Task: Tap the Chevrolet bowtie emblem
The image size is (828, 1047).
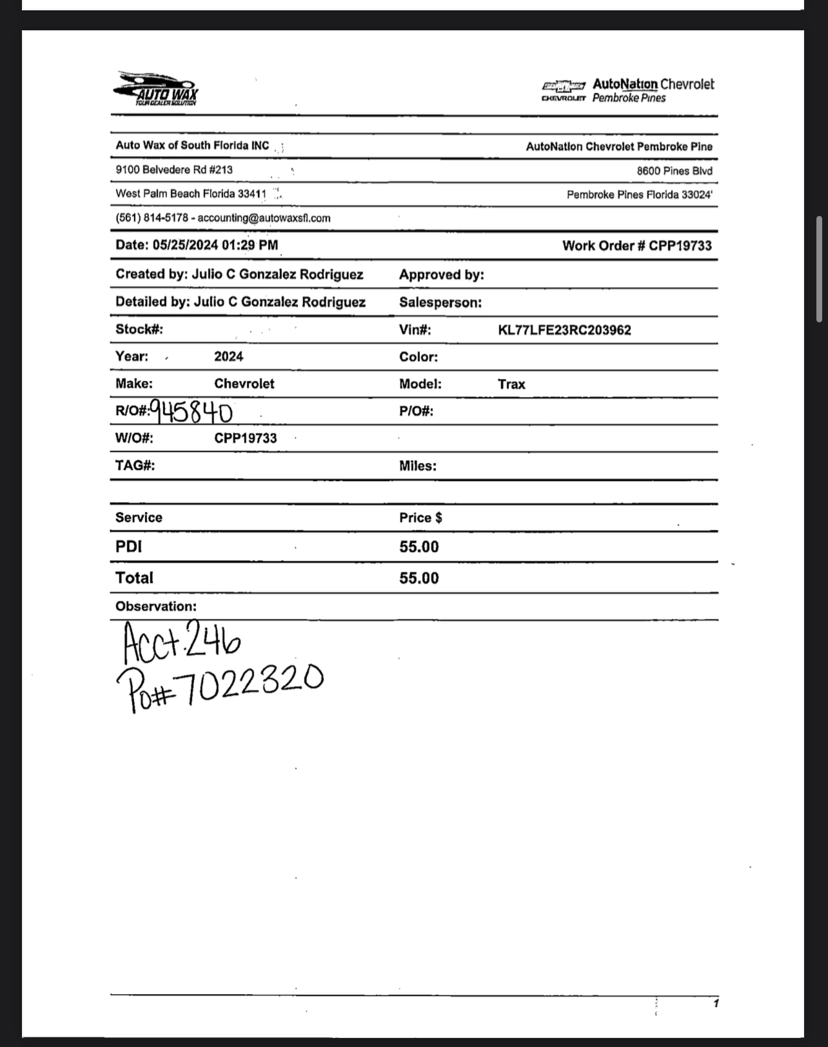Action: coord(563,86)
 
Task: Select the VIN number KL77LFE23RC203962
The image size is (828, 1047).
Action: coord(564,330)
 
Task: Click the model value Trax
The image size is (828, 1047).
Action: coord(511,384)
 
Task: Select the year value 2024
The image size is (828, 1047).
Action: coord(229,357)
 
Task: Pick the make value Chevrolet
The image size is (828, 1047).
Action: coord(244,384)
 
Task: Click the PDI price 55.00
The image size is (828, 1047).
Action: coord(419,547)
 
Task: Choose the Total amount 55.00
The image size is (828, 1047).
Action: coord(419,578)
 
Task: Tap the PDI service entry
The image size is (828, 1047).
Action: coord(129,547)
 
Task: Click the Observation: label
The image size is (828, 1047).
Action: coord(156,606)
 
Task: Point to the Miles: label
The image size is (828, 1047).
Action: coord(418,465)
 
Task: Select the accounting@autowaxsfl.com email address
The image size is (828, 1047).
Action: coord(264,218)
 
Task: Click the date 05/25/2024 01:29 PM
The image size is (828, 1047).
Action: coord(216,245)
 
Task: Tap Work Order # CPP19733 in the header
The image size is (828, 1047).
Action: coord(637,246)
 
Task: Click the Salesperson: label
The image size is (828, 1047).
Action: coord(440,302)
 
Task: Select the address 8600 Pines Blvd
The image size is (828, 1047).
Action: coord(675,171)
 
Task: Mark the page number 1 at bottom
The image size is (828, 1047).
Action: coord(716,1003)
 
